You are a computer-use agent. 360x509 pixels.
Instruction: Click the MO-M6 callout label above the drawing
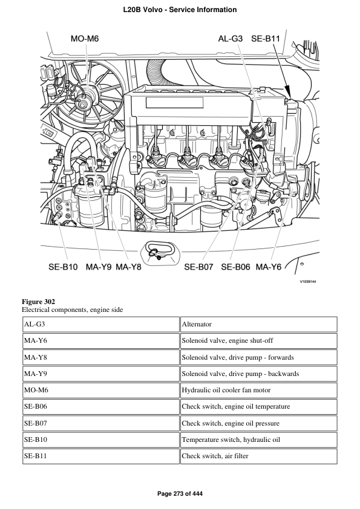point(85,39)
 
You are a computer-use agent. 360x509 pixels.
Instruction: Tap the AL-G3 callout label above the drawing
point(231,39)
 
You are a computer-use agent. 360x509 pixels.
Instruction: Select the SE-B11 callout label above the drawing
point(266,39)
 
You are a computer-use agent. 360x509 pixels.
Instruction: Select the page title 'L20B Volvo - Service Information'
point(180,10)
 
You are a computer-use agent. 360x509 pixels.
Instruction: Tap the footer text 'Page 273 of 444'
point(180,494)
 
